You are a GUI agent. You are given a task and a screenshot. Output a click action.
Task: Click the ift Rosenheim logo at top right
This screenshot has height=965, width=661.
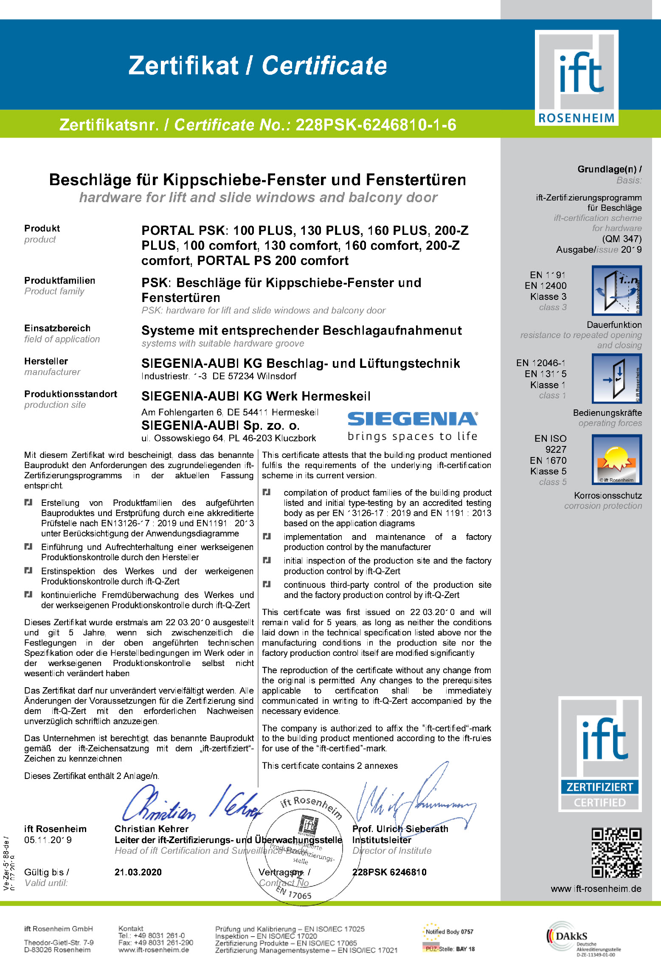point(576,78)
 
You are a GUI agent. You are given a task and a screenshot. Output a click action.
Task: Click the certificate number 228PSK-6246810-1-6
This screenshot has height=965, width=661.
point(376,125)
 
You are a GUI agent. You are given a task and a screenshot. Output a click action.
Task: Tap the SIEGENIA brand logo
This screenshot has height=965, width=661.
point(412,419)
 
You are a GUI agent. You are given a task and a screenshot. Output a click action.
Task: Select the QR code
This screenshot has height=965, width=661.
point(616,852)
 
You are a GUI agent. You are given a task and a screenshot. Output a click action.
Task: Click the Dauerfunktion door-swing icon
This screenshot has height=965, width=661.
point(616,291)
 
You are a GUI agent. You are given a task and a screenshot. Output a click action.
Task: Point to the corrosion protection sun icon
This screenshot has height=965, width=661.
point(616,460)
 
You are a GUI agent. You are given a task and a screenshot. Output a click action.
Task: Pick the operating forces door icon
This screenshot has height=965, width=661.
point(616,378)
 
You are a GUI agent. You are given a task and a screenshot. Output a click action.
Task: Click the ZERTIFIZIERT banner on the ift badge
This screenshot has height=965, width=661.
point(599,787)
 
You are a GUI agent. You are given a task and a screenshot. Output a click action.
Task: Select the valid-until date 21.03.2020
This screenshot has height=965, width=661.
point(138,872)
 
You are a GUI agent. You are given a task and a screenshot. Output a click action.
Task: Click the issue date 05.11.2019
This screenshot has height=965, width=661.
point(48,840)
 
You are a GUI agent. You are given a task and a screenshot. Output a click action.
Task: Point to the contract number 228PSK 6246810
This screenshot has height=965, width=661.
point(389,872)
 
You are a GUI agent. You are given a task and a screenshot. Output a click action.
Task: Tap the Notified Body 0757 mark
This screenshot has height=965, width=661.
point(449,932)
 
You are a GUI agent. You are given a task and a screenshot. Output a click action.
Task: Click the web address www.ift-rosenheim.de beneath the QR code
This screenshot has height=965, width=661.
point(596,889)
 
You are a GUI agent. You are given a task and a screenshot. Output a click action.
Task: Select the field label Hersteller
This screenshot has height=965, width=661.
point(46,361)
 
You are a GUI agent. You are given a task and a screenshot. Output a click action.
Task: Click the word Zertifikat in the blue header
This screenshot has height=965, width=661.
point(183,66)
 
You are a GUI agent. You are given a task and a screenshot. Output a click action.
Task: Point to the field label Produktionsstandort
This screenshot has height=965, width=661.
point(70,394)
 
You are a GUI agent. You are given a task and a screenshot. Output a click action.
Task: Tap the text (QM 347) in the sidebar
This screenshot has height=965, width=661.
point(622,239)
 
